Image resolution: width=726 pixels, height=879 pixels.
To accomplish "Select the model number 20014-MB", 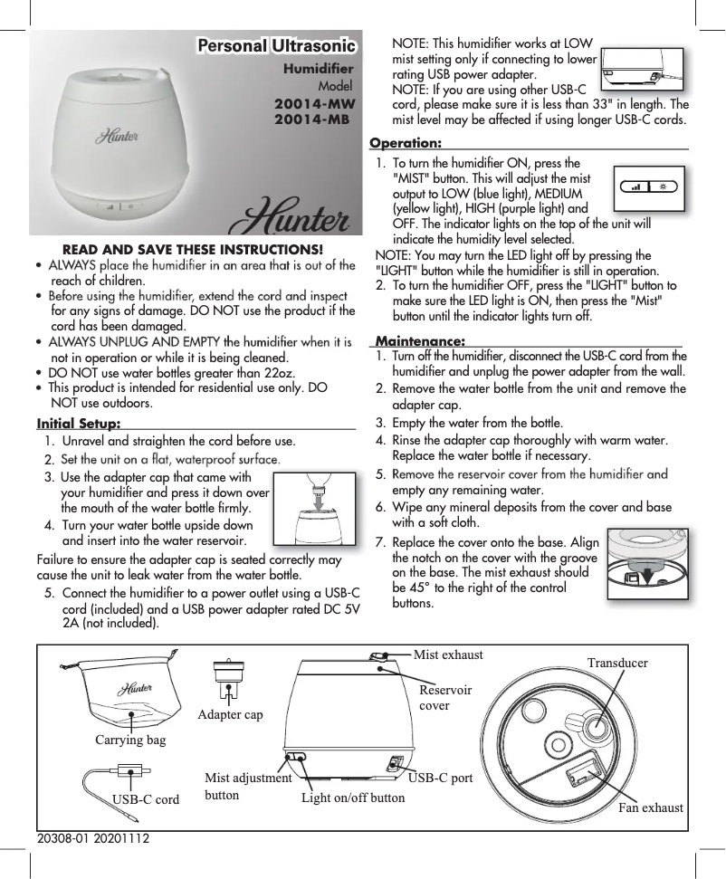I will (x=312, y=118).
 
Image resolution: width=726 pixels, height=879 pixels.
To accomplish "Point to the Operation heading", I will (x=406, y=143).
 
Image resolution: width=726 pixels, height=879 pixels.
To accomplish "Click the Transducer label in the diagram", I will (x=617, y=663).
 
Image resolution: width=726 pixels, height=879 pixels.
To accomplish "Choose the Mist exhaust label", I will (x=448, y=654).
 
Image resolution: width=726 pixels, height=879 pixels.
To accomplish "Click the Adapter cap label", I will (x=230, y=714).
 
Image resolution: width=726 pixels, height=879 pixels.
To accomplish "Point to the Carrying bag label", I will (x=130, y=740).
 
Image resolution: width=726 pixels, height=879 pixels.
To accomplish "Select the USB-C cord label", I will (x=145, y=799).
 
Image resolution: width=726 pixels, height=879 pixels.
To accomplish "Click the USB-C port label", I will (x=441, y=778).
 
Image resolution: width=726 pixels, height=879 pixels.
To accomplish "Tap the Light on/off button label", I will (x=353, y=798).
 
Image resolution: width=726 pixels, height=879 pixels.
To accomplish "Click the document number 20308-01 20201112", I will (x=92, y=841).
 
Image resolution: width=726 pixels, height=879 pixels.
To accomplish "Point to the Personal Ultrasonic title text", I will (x=277, y=45).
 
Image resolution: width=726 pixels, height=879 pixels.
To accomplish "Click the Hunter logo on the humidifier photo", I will (x=117, y=137).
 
